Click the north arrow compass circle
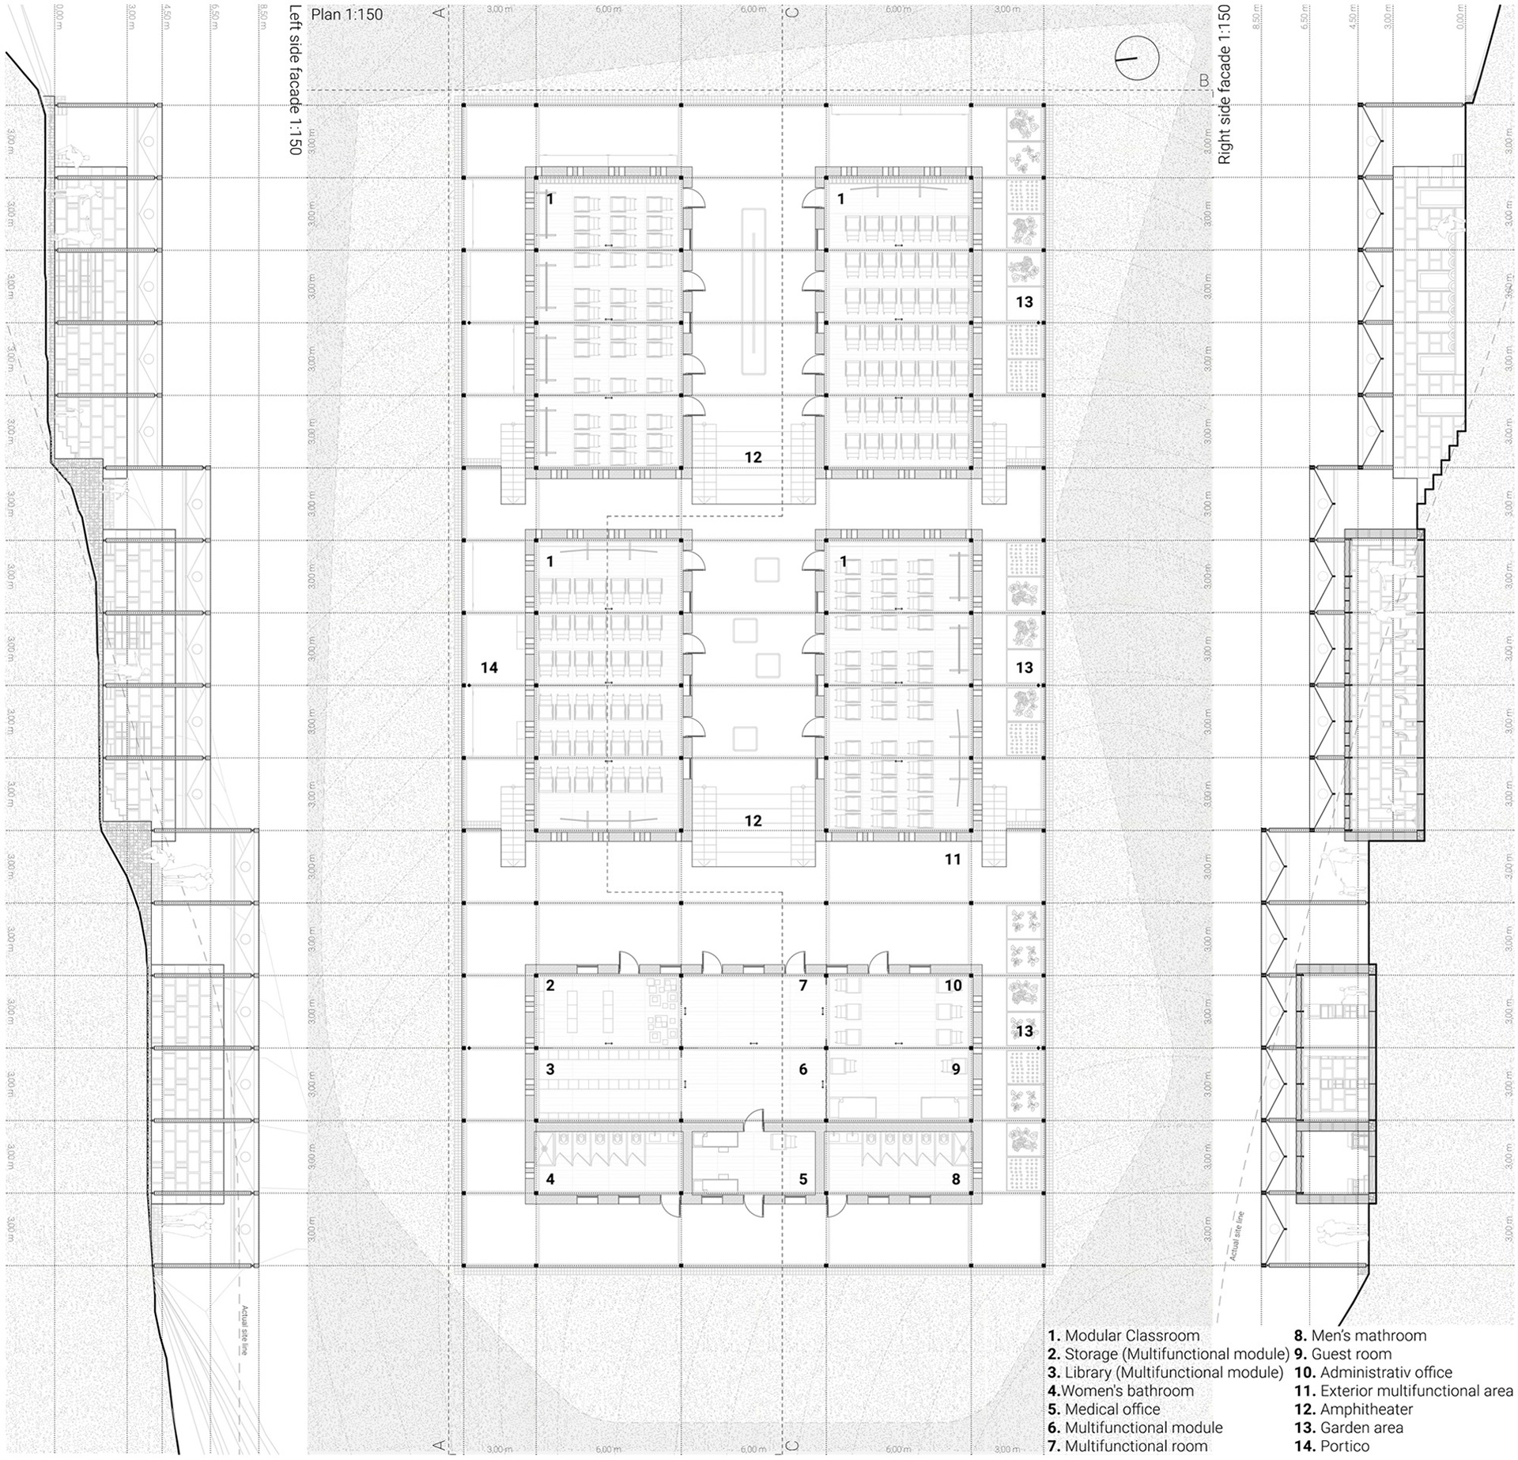coord(1136,59)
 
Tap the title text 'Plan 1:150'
coord(346,14)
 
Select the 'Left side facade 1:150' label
coord(296,79)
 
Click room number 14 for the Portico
coord(489,668)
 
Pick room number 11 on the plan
coord(952,859)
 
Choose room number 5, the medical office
coord(802,1179)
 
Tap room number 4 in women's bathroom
coord(550,1179)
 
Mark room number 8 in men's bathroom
coord(955,1179)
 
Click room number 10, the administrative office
coord(953,985)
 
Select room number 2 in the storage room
coord(550,985)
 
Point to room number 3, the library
coord(550,1069)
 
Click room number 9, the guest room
coord(955,1069)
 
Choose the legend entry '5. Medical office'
coord(1104,1409)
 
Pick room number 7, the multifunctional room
coord(802,985)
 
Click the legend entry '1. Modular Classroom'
coord(1123,1336)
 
